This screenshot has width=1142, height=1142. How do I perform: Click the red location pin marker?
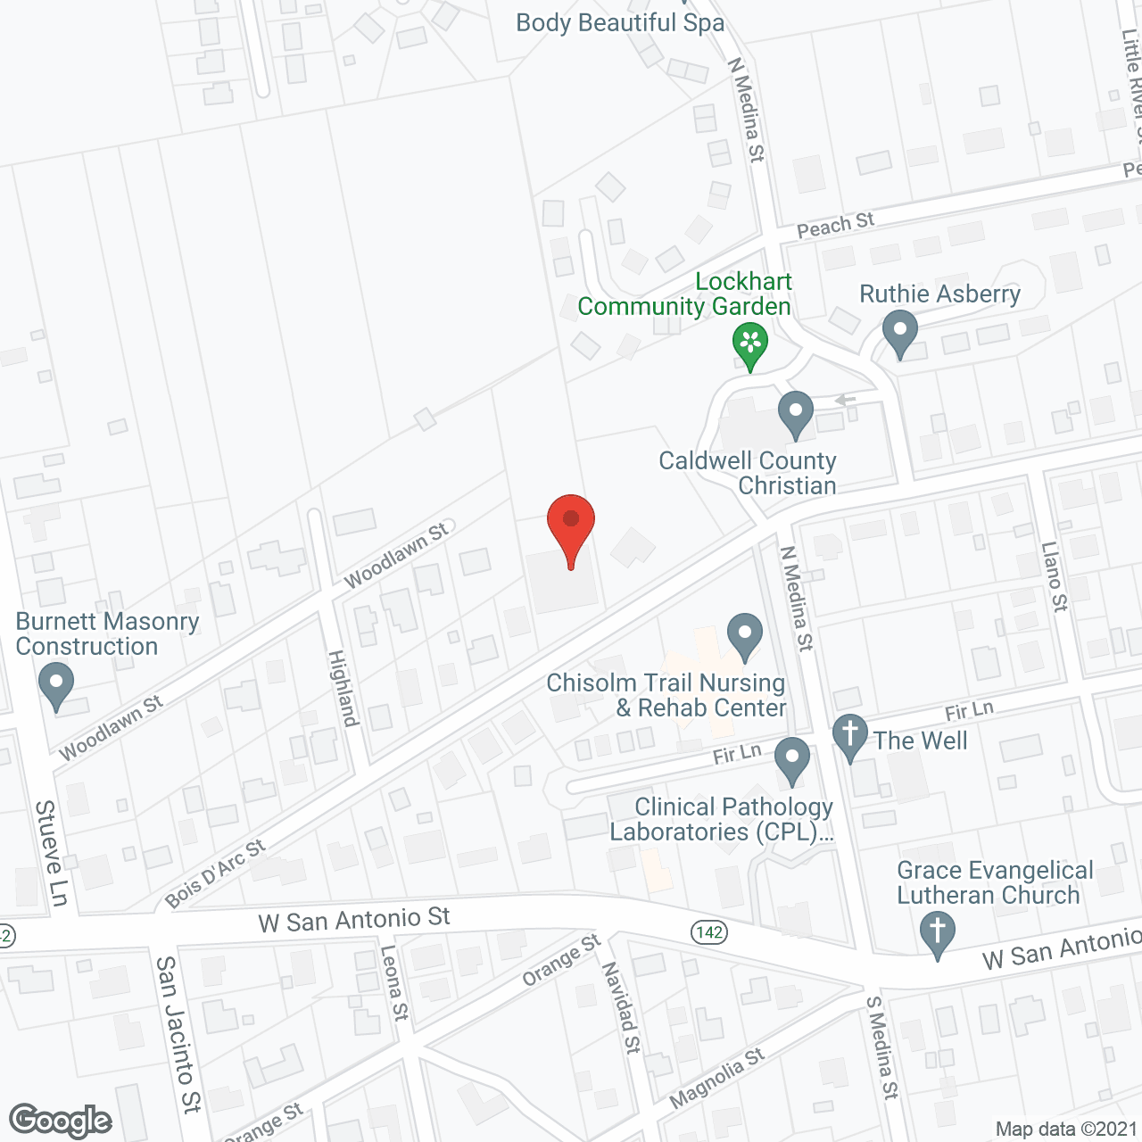[x=570, y=526]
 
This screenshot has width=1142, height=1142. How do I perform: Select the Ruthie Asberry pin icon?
[x=899, y=332]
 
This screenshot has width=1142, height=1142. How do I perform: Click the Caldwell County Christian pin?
[x=795, y=414]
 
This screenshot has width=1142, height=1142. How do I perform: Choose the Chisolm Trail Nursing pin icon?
[x=744, y=636]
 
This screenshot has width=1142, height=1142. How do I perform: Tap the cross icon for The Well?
[x=850, y=737]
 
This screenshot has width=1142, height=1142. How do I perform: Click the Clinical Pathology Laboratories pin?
[x=791, y=760]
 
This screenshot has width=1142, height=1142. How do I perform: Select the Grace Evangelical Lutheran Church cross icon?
[x=937, y=933]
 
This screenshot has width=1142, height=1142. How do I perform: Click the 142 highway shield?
[x=709, y=932]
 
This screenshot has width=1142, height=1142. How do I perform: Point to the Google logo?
[x=60, y=1121]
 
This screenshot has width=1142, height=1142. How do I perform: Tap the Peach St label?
[x=835, y=226]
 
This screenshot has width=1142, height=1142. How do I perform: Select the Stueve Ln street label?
[x=52, y=852]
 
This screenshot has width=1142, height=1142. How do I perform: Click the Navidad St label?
[x=620, y=1007]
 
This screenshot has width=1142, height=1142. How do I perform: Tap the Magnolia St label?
[x=716, y=1078]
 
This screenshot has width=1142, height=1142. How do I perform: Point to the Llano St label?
[x=1055, y=576]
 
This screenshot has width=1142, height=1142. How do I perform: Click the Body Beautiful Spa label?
[x=620, y=22]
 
